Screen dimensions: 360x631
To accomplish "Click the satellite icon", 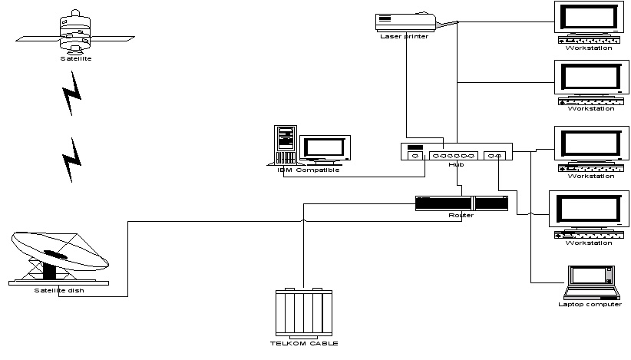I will click(75, 31).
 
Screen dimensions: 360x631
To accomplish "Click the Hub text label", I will click(456, 164).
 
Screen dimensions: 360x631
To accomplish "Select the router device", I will click(461, 203).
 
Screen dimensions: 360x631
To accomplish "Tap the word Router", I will click(461, 215).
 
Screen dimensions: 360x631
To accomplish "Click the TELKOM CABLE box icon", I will click(306, 312).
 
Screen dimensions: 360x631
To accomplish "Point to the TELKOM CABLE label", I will click(306, 343).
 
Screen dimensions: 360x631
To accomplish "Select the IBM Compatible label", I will click(308, 170).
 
